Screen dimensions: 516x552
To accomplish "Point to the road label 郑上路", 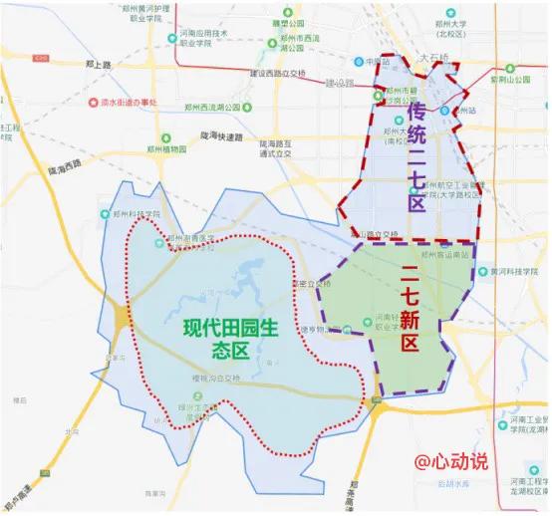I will coord(99,64).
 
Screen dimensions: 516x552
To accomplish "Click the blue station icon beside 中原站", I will coord(366,62).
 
